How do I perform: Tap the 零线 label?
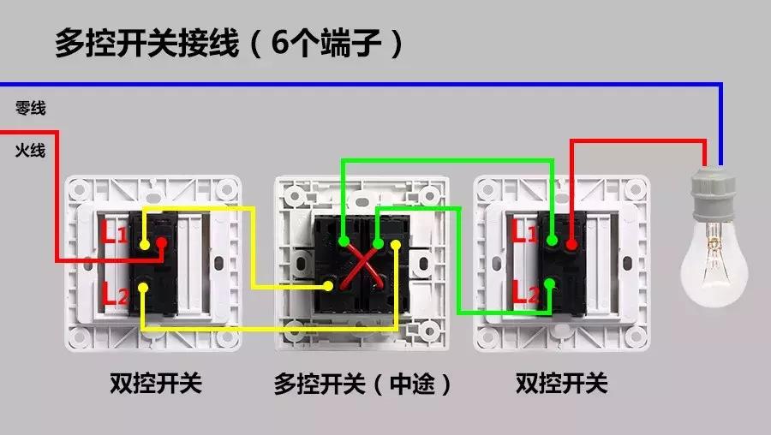tap(30, 108)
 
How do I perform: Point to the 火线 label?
tap(30, 151)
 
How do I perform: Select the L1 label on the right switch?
tap(525, 231)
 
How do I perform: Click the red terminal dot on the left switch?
tap(161, 245)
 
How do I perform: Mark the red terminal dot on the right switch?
tap(571, 245)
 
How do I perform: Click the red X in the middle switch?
tap(361, 266)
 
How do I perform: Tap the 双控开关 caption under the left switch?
tap(156, 383)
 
